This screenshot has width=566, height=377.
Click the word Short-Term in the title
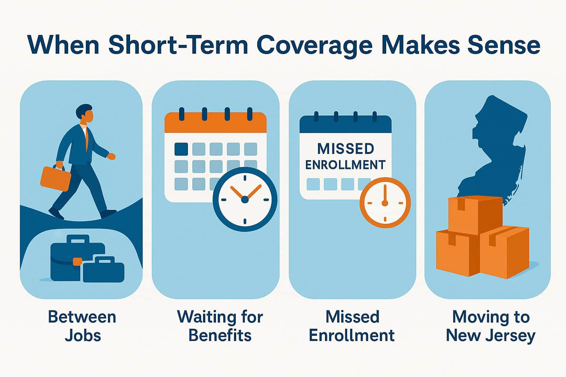[178, 45]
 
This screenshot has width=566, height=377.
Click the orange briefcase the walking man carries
[55, 178]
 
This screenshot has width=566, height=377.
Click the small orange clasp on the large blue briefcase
[77, 262]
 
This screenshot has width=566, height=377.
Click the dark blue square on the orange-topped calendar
[181, 149]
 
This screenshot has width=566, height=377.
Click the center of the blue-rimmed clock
[245, 200]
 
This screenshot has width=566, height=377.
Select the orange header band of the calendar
[216, 123]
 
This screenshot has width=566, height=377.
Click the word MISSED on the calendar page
[345, 149]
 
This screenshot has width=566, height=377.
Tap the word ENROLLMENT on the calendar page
[345, 165]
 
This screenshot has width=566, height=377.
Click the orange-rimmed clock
[385, 203]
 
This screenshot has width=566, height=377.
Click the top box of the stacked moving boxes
[475, 215]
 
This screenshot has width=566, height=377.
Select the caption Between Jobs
[82, 326]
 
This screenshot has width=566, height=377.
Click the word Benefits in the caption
[220, 336]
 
